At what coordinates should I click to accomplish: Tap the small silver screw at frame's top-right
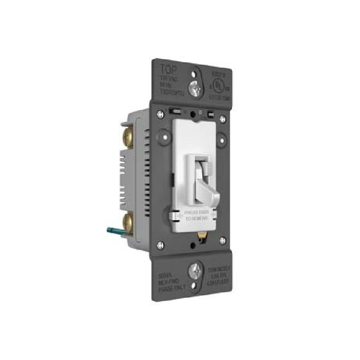pos(222,119)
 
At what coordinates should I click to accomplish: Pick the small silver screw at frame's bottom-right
pos(222,240)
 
